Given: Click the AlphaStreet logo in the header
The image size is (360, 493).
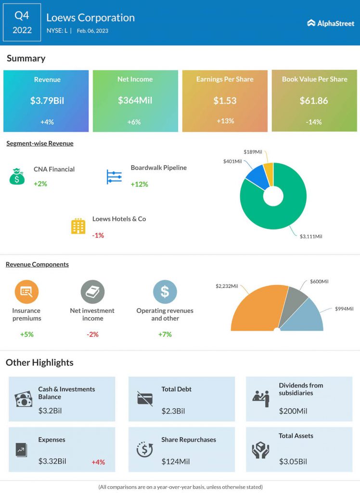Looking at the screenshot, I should coord(330,23).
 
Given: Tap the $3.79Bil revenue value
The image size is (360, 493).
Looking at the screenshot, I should coord(46,101).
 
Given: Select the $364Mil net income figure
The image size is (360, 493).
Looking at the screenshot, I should coord(135,101).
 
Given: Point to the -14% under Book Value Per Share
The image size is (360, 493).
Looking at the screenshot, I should coord(314,122).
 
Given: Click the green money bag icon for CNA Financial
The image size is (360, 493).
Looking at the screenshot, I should coord(17,176).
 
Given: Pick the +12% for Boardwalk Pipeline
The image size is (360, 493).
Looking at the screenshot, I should coord(140,184).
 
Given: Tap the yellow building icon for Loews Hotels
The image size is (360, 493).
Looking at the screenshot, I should coord(78,226).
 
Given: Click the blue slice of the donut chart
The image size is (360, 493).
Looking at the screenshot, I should coord(255,177).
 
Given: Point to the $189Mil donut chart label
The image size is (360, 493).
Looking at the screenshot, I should coord(253,152).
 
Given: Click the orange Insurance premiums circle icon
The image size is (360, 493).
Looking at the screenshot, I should coord(26,291).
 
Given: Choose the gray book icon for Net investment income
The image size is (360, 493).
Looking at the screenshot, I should coord(92,291).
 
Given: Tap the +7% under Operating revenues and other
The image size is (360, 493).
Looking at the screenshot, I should coord(165,334).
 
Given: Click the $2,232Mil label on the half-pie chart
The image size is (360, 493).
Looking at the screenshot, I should coord(227,286).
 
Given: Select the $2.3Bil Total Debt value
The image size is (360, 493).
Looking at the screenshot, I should coord(173,411).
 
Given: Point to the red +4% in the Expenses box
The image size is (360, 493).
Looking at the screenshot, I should coord(98,462).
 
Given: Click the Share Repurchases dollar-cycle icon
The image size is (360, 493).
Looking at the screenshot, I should coord(144,449).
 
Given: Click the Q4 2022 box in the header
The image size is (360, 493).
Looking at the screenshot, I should coord(22,23).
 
